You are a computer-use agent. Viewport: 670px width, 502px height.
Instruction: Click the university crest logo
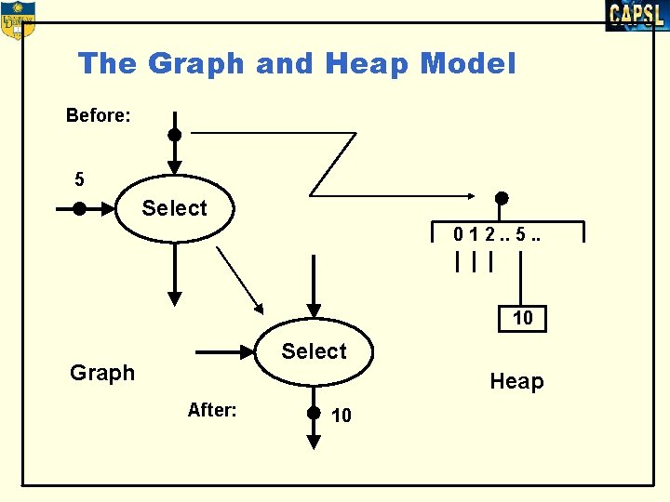17,20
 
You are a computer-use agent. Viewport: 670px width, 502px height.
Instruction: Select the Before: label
99,115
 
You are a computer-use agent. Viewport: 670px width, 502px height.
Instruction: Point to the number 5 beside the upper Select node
80,178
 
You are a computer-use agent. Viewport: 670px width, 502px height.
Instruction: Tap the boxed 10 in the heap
523,318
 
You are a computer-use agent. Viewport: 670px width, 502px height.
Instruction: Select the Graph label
102,373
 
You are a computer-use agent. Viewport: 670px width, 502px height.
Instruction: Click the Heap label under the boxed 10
516,381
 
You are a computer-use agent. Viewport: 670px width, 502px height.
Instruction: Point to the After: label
212,410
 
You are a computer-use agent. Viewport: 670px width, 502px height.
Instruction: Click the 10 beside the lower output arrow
342,416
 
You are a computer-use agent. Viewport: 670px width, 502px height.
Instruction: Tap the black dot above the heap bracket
501,198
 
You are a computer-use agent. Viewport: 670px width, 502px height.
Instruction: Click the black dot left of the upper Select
80,209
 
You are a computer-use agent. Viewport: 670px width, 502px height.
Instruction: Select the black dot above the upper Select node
174,134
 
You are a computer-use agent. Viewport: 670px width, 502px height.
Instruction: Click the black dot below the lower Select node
314,412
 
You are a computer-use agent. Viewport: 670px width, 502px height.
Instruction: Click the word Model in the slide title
467,64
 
